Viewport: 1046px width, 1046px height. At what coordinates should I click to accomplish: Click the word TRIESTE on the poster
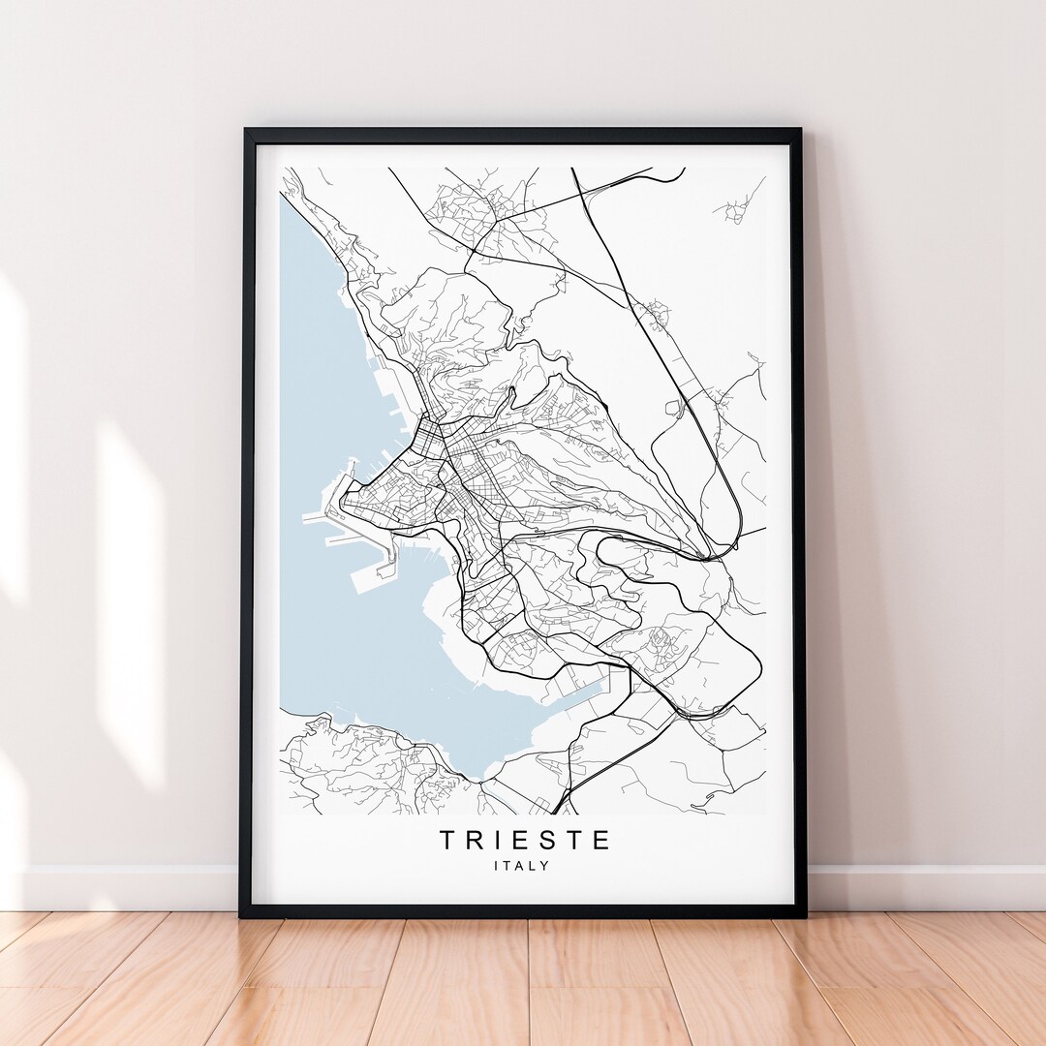tap(526, 840)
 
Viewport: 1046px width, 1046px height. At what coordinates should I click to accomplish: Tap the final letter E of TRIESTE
tap(601, 840)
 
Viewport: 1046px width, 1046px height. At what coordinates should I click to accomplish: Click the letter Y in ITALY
tap(544, 866)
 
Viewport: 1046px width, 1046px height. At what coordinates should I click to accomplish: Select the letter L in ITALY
tap(534, 866)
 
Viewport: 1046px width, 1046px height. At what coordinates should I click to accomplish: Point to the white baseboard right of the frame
tap(920, 886)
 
